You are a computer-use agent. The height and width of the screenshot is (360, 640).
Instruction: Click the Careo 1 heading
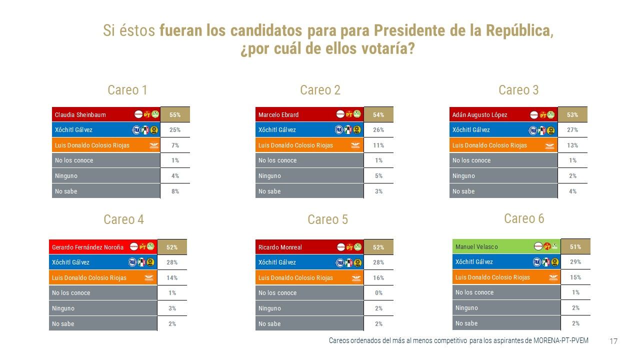(x=127, y=90)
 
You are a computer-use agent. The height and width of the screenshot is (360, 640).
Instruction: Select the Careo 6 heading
(x=524, y=218)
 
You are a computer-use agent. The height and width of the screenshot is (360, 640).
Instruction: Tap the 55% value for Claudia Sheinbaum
(x=175, y=114)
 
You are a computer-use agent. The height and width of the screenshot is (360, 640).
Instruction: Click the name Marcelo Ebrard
(x=278, y=115)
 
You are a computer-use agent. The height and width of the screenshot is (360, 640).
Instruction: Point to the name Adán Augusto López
(x=479, y=115)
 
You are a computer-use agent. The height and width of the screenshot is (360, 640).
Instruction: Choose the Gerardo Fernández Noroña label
(x=87, y=247)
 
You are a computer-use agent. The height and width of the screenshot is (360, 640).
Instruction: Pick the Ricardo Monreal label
(x=280, y=247)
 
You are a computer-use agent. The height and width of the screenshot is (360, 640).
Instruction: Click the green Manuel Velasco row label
(x=476, y=247)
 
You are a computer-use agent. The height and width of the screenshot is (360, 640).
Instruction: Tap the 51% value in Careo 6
(x=575, y=246)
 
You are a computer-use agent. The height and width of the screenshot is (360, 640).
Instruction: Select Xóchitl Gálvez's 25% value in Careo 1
(x=175, y=130)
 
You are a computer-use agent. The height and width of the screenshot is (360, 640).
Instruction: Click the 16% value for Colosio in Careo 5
(x=378, y=278)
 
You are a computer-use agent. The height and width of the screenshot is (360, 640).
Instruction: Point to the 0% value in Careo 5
(x=378, y=293)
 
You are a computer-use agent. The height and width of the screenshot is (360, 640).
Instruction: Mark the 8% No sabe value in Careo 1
(x=175, y=191)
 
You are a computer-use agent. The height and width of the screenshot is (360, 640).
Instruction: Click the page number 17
(x=613, y=341)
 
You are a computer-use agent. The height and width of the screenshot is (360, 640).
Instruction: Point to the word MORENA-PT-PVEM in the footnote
(x=560, y=340)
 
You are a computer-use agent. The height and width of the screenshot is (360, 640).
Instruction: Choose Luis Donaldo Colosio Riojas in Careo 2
(x=295, y=145)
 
